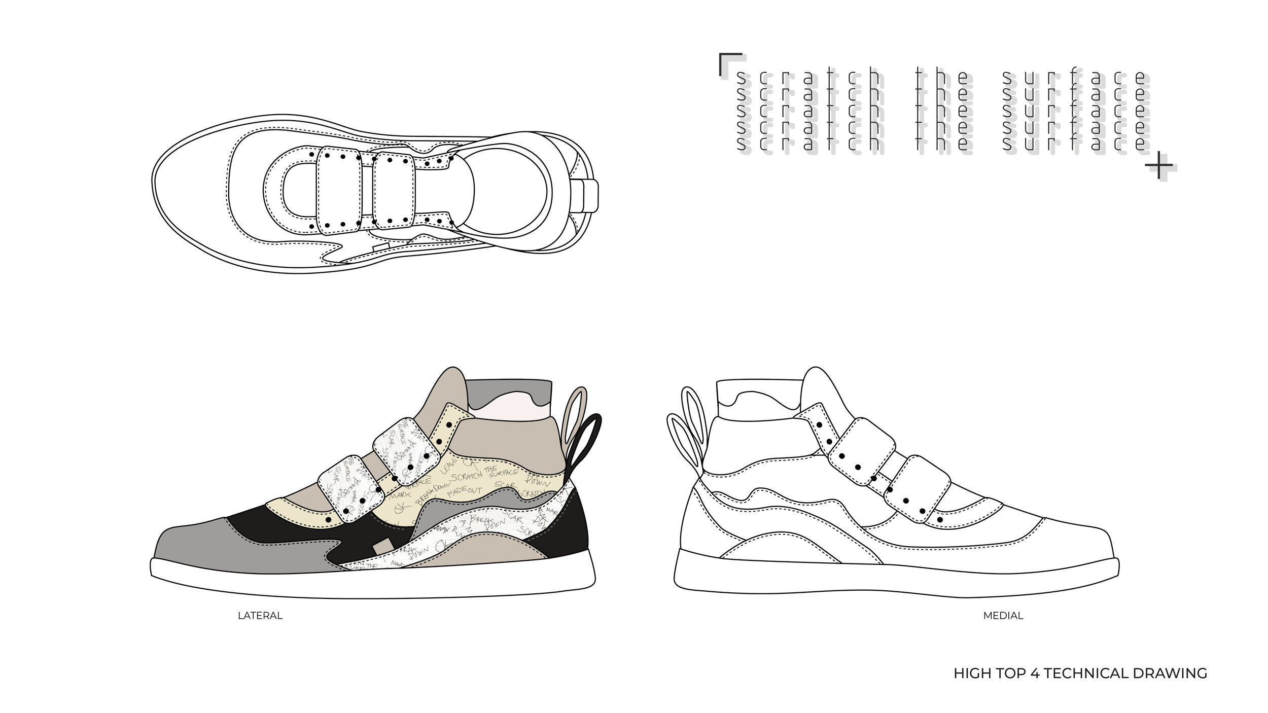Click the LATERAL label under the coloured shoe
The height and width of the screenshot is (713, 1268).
click(x=260, y=616)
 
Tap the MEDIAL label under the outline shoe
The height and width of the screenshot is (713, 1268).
click(x=1003, y=616)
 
